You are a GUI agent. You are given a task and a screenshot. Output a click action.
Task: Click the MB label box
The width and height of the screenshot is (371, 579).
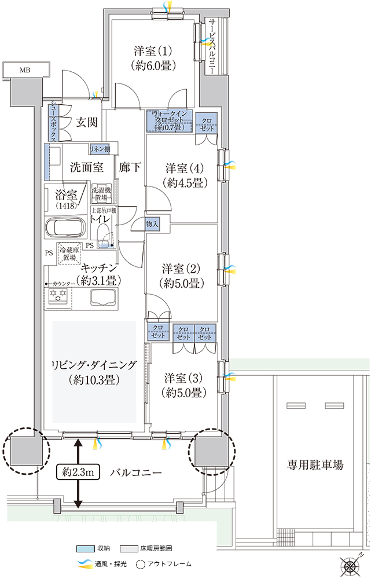point(24,70)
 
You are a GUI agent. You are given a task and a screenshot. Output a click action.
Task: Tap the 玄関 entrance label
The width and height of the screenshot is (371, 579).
point(86,122)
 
